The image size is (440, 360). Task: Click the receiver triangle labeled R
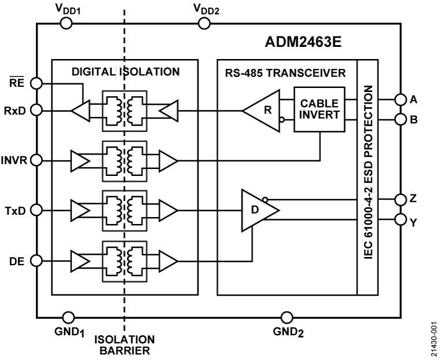tap(264, 109)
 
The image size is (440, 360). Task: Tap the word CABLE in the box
tap(319, 104)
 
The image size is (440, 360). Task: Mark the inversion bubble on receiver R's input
tap(282, 120)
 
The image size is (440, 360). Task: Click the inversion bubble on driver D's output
tap(265, 200)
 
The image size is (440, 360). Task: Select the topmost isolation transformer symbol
tap(124, 111)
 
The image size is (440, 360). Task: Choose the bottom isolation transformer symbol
tap(124, 262)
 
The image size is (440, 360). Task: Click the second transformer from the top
tap(124, 160)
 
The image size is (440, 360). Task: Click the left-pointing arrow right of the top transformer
tap(168, 111)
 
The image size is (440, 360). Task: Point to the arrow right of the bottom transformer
tap(167, 262)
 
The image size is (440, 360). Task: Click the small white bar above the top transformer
tap(120, 72)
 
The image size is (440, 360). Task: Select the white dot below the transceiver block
tap(287, 318)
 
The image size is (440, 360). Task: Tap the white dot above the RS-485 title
tap(204, 24)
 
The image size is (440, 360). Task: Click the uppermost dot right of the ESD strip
tap(401, 100)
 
